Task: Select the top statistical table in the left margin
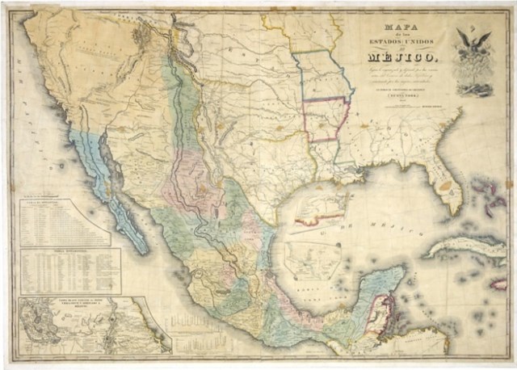coord(65,221)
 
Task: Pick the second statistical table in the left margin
coord(70,271)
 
